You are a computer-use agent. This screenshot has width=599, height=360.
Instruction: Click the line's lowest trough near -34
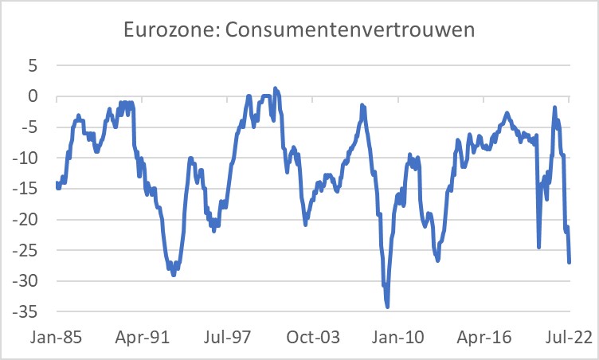tap(387, 306)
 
